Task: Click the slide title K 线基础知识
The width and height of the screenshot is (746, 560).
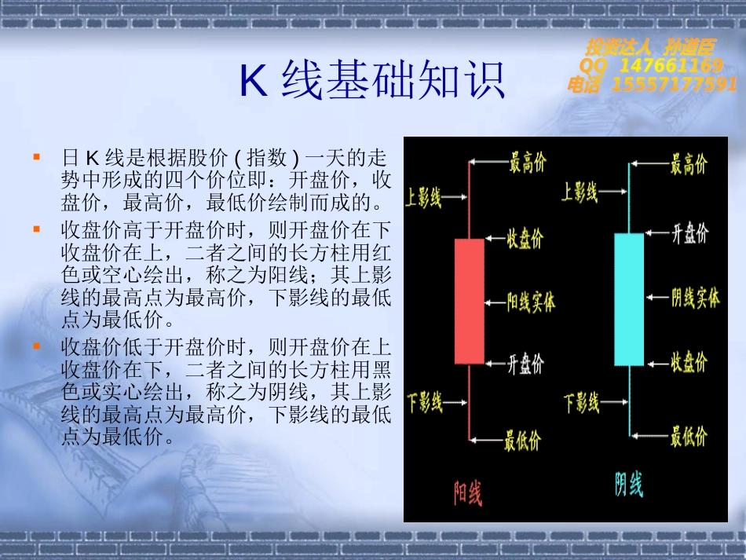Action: (x=371, y=80)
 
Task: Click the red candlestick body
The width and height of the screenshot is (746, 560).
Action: (x=469, y=301)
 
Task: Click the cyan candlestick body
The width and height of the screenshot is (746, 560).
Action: (x=629, y=299)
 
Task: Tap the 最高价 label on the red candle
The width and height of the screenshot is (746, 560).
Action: (x=528, y=163)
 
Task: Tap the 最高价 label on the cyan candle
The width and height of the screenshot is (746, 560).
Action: (x=689, y=164)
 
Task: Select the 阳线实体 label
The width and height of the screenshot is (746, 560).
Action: (x=531, y=302)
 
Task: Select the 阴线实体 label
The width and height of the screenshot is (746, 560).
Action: (x=695, y=298)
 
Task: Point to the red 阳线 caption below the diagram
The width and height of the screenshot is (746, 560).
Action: (x=468, y=493)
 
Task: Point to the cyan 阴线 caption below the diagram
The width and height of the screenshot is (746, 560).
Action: (x=628, y=485)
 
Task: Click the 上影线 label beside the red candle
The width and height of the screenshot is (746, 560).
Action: (x=423, y=197)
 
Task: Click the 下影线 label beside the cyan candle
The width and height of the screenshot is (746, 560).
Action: (x=581, y=402)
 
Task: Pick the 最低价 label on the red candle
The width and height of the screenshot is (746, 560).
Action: (x=522, y=441)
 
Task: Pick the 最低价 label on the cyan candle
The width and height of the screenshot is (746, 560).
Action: (x=689, y=436)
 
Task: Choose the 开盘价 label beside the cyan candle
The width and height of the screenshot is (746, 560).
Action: (x=690, y=233)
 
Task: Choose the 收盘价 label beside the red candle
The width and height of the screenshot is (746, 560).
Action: (x=525, y=238)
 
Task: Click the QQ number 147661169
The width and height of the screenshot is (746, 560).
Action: (x=671, y=65)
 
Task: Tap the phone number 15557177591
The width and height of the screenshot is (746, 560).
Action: (x=674, y=84)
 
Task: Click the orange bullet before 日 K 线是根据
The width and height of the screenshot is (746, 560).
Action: (x=37, y=156)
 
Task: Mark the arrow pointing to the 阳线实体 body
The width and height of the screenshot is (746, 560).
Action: (x=496, y=302)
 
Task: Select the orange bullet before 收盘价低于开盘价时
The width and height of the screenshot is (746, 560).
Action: (x=37, y=346)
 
